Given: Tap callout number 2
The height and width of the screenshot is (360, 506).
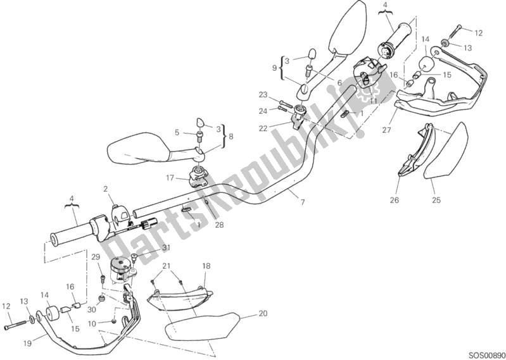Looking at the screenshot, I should click(106, 188).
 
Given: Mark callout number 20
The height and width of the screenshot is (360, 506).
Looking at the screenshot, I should click(263, 314).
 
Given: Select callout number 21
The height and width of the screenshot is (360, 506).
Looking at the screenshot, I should click(167, 266).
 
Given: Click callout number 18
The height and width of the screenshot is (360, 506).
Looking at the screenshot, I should click(206, 266).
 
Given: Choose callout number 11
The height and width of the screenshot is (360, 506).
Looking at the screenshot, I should click(373, 100).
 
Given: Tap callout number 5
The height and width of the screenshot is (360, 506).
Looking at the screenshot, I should click(179, 133).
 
